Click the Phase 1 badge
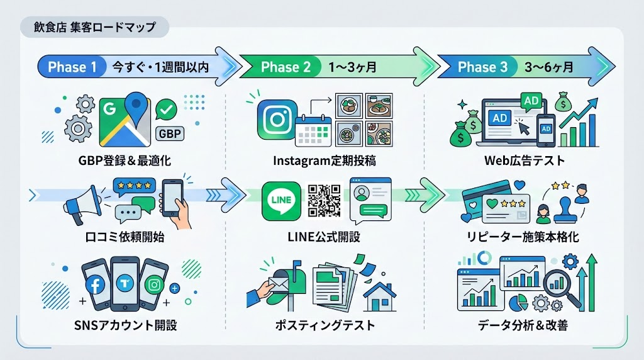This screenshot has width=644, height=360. click(x=72, y=67)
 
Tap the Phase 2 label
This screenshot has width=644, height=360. click(x=286, y=67)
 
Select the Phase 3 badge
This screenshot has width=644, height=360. click(x=482, y=67)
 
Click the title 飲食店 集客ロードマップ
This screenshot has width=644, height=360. click(x=94, y=28)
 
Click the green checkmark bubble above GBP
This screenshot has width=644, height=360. click(x=167, y=110)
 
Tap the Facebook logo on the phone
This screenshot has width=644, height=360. click(x=96, y=284)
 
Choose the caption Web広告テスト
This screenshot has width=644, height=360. click(x=525, y=160)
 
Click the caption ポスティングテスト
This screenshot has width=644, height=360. click(x=325, y=326)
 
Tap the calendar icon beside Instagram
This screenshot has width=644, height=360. click(x=313, y=130)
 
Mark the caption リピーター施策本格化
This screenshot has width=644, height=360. click(x=525, y=237)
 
